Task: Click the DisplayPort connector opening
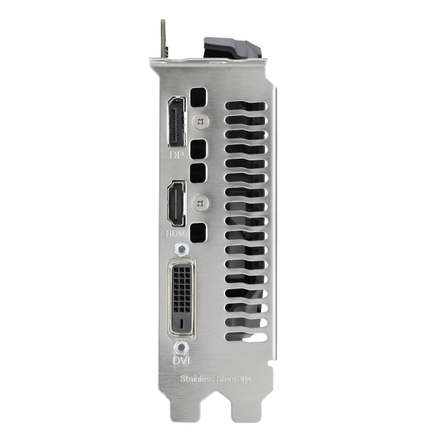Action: pos(177,122)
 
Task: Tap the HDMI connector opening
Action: pos(176,204)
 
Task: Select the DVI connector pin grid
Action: pos(182,289)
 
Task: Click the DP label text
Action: pos(177,155)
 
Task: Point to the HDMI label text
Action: pos(176,234)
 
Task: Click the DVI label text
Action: pos(181,361)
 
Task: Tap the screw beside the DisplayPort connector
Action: pos(200,122)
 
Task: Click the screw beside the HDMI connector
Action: pos(200,203)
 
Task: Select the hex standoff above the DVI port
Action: pos(182,249)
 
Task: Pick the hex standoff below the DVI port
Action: pos(182,348)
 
